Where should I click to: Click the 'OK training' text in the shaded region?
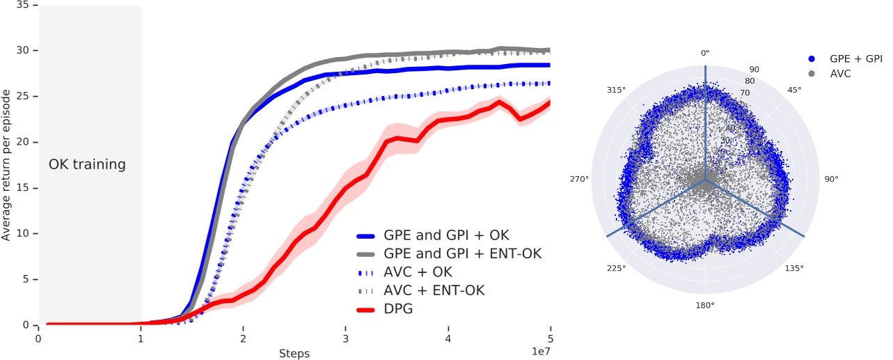(x=87, y=165)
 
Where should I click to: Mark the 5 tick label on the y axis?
(x=26, y=279)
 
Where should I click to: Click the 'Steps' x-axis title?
(x=294, y=353)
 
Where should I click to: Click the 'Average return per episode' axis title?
(x=6, y=165)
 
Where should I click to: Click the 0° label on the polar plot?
(x=705, y=53)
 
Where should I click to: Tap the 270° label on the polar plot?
(x=579, y=180)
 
